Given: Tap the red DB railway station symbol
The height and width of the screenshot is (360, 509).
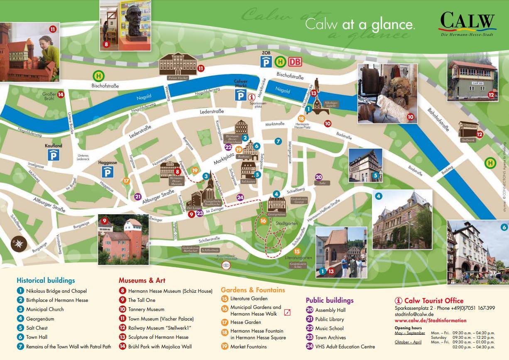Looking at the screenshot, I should (x=295, y=62).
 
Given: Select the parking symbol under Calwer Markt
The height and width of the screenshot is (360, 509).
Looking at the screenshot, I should (x=240, y=96).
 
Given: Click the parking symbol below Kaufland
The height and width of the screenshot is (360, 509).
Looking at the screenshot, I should (x=53, y=155).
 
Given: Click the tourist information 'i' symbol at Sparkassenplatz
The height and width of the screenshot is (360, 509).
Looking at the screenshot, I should (x=251, y=97).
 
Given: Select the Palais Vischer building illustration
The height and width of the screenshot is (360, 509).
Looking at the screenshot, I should (x=179, y=66).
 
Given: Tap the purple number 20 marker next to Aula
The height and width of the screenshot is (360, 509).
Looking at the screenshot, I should (x=319, y=177).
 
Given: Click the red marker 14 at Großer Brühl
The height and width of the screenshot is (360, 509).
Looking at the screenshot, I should (x=61, y=95).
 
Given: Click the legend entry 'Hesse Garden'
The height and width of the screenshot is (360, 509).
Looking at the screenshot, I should (x=245, y=322).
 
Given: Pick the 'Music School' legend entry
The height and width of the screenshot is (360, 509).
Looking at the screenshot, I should (x=329, y=328).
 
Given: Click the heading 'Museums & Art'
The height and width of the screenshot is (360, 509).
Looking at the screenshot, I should (x=142, y=280).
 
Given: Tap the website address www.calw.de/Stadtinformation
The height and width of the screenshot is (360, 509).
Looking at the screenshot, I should (x=430, y=321).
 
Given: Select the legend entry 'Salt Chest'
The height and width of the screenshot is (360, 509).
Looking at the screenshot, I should (x=37, y=328).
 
